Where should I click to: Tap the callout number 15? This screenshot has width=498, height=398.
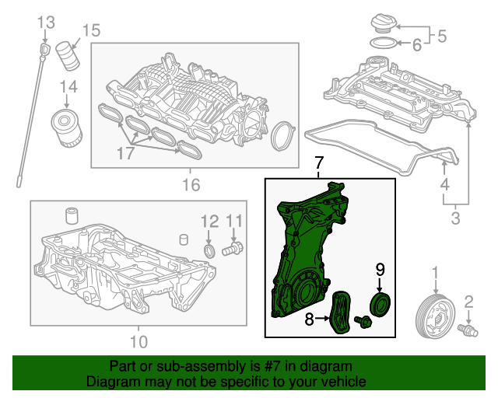click(x=91, y=30)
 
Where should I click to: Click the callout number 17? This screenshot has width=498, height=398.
click(x=125, y=154)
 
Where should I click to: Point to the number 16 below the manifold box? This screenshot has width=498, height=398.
click(x=191, y=185)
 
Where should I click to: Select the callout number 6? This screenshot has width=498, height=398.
click(x=416, y=46)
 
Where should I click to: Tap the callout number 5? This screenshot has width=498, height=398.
click(x=441, y=35)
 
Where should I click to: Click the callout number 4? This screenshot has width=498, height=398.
click(x=444, y=185)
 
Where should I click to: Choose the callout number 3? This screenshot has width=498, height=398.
click(x=456, y=218)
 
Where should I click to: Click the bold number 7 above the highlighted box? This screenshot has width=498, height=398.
click(x=317, y=164)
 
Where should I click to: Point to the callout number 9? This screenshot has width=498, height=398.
click(x=380, y=270)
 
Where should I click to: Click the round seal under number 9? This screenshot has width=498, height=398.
click(x=381, y=305)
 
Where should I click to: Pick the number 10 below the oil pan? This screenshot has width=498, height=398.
click(x=138, y=340)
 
